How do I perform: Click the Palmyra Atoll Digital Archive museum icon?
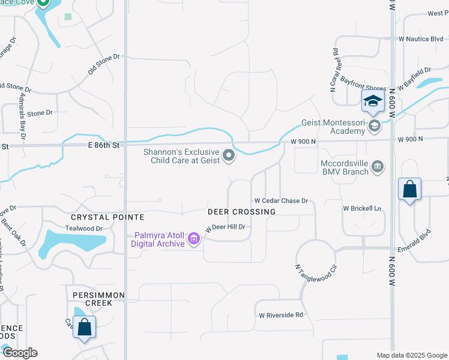[193, 239]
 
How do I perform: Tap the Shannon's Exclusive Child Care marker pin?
[229, 156]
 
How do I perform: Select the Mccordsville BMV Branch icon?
[378, 166]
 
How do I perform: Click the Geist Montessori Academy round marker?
[375, 125]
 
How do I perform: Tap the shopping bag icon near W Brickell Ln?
[409, 190]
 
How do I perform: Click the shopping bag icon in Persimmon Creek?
[84, 328]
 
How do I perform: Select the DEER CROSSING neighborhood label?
[242, 212]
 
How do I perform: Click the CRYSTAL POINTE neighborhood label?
[107, 217]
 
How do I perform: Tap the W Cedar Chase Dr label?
[281, 201]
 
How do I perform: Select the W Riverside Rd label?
[281, 314]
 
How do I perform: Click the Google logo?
[20, 353]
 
